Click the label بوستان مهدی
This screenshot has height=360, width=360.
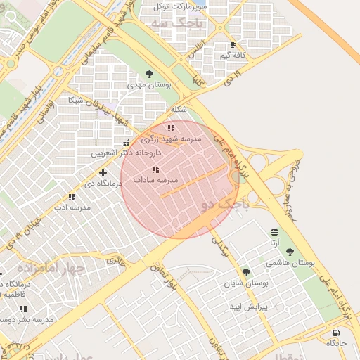click(x=150, y=84)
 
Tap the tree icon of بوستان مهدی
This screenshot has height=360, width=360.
click(x=149, y=74)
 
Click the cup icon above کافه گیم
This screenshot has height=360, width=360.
click(x=232, y=44)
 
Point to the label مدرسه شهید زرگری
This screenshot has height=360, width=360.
click(x=173, y=139)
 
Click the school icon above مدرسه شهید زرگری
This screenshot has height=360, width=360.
click(x=171, y=129)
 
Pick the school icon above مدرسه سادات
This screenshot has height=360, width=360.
click(x=155, y=169)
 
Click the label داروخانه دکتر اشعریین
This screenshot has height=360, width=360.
click(x=126, y=152)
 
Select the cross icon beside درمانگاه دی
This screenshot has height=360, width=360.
click(x=103, y=172)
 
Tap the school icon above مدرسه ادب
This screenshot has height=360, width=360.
click(x=71, y=198)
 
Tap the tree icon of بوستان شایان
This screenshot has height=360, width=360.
click(x=245, y=272)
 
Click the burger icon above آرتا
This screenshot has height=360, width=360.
click(x=274, y=232)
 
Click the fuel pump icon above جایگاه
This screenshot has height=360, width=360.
click(x=336, y=332)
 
